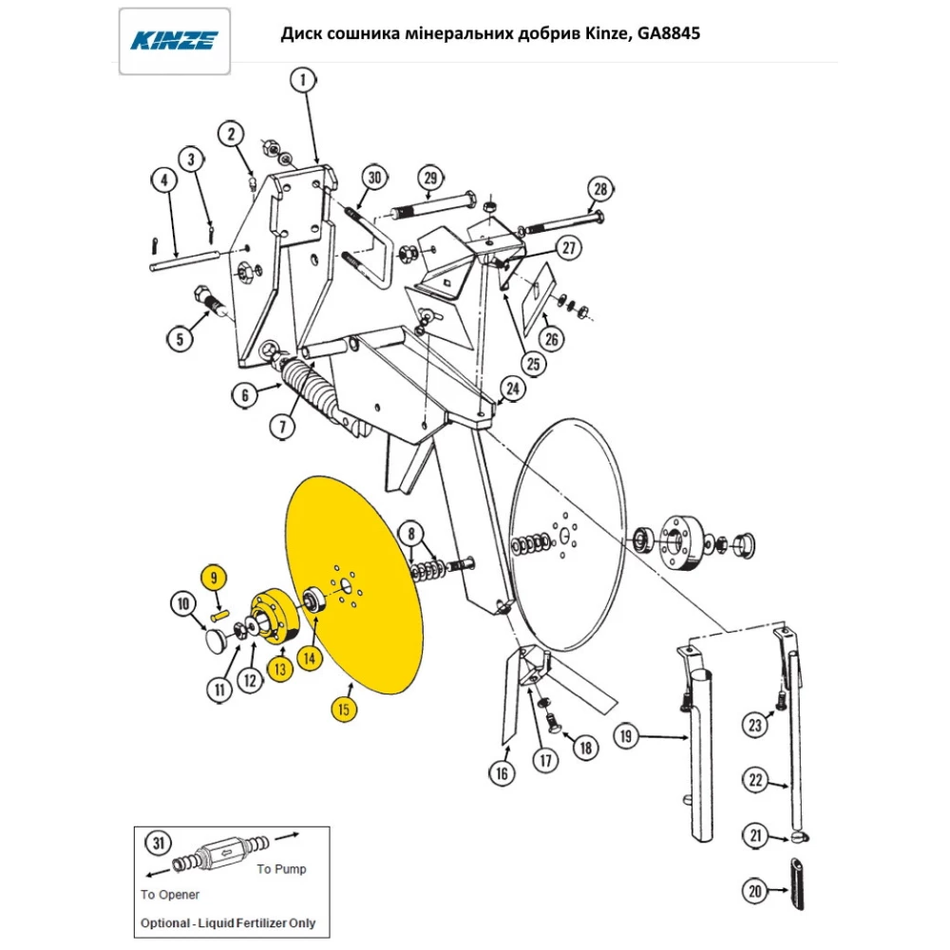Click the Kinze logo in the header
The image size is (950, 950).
pyautogui.click(x=174, y=40)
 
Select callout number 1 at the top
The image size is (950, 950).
pyautogui.click(x=303, y=82)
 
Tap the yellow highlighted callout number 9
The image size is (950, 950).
pyautogui.click(x=214, y=577)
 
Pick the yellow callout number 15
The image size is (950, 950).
pyautogui.click(x=343, y=710)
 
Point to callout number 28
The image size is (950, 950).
pyautogui.click(x=599, y=190)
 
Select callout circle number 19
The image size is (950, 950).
pyautogui.click(x=626, y=735)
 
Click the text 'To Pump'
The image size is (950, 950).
pyautogui.click(x=282, y=868)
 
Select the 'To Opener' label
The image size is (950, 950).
pyautogui.click(x=170, y=894)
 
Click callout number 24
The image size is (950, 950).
pyautogui.click(x=512, y=389)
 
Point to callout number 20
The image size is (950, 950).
pyautogui.click(x=755, y=891)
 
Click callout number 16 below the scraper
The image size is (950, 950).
pyautogui.click(x=503, y=774)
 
